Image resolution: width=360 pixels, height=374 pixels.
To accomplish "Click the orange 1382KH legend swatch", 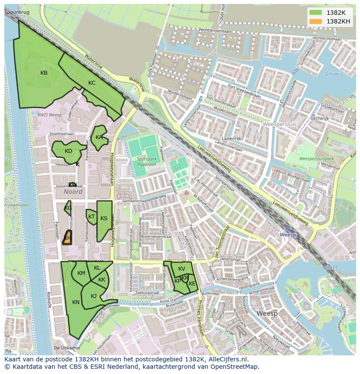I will coord(317,21).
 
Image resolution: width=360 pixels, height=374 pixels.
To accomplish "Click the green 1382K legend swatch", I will coord(317,13).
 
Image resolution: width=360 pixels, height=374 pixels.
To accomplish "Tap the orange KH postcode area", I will coord(67,238).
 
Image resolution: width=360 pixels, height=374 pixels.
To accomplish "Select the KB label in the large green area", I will coord(44,73).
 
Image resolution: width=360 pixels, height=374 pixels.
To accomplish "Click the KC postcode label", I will coord(92,83).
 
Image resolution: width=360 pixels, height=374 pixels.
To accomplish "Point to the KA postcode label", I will coord(99,137).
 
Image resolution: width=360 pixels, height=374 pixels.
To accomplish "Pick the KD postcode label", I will coord(68,151).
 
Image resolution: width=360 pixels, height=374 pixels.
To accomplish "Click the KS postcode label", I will coord(104,218).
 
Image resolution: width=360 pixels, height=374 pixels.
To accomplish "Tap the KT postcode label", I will coord(91,217).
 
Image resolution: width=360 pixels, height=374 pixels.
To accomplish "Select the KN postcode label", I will coord(76,302).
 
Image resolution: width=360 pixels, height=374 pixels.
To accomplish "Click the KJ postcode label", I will coord(93,296).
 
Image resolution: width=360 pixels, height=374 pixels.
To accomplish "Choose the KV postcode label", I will coord(182,269).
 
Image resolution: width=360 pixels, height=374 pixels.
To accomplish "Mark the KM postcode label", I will coord(81,273).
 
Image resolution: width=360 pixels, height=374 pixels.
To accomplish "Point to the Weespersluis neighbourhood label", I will coord(280,124).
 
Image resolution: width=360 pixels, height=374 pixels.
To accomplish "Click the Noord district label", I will coord(73,192).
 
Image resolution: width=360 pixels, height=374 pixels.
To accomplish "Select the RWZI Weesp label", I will coord(49,115).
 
